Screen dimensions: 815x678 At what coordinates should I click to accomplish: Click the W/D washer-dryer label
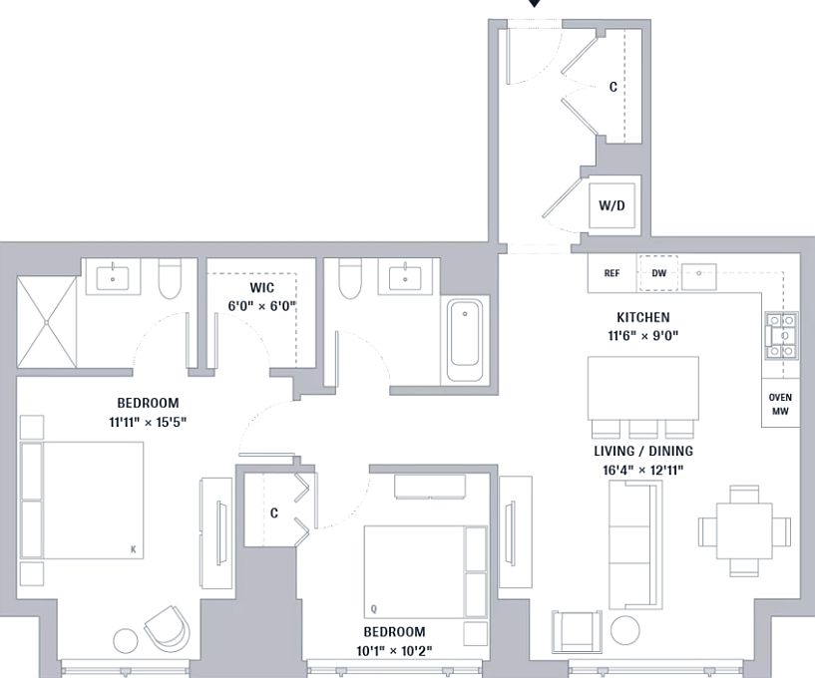(611, 205)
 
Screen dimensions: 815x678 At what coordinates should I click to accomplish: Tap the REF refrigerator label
(611, 273)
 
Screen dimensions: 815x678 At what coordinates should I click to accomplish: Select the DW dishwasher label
(658, 273)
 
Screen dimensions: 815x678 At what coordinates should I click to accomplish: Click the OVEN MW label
(780, 404)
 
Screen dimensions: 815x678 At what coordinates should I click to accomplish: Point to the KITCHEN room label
(643, 317)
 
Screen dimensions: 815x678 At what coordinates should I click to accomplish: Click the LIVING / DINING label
(643, 451)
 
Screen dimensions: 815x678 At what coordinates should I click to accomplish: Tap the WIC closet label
(262, 287)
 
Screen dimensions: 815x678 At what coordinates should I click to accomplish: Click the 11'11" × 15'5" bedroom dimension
(148, 422)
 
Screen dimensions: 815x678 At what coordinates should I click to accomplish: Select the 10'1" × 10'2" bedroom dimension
(394, 650)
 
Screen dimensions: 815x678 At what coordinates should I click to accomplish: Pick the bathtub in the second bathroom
(465, 340)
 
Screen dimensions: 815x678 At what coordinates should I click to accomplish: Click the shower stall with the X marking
(47, 322)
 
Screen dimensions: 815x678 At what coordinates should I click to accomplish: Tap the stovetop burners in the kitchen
(782, 336)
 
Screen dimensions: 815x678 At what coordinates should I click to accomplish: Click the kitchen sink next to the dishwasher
(699, 276)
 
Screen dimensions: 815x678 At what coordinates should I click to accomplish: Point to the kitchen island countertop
(643, 388)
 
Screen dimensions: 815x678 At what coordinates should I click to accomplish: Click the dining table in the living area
(744, 530)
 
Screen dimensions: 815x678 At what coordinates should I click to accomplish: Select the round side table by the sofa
(624, 630)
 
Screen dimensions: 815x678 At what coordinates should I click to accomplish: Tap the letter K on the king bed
(134, 549)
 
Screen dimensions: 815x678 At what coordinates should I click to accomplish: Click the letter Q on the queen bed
(374, 609)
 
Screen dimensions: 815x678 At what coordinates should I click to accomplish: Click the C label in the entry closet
(613, 87)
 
